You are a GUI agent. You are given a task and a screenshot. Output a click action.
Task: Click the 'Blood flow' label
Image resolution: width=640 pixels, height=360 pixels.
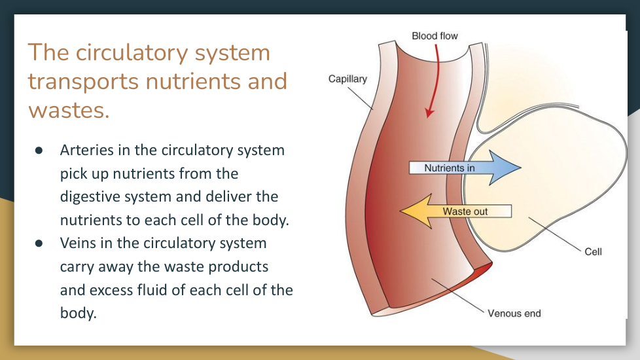[435, 35]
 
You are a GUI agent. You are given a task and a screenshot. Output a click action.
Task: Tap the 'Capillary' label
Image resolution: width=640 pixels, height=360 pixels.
[347, 79]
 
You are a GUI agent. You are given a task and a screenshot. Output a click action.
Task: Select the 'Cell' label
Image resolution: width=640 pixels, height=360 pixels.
[593, 251]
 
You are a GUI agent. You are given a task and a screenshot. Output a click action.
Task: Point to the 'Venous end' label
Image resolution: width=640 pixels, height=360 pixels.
[514, 314]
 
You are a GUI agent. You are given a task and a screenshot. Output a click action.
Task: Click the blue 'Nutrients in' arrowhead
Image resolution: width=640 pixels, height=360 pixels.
[507, 168]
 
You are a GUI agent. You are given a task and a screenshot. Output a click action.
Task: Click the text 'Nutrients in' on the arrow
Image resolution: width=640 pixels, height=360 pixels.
[449, 168]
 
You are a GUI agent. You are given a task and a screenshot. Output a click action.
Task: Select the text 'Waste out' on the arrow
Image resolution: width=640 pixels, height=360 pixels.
[465, 211]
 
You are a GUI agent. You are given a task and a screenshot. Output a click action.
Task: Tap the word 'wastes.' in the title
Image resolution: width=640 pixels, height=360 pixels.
[69, 110]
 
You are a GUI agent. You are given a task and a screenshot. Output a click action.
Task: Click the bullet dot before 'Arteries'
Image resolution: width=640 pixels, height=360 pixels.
[39, 150]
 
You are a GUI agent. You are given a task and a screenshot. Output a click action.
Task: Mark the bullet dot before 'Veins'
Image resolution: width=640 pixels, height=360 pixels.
[39, 243]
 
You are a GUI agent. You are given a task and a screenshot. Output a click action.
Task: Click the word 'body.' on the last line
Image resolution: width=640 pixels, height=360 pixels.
[78, 313]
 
